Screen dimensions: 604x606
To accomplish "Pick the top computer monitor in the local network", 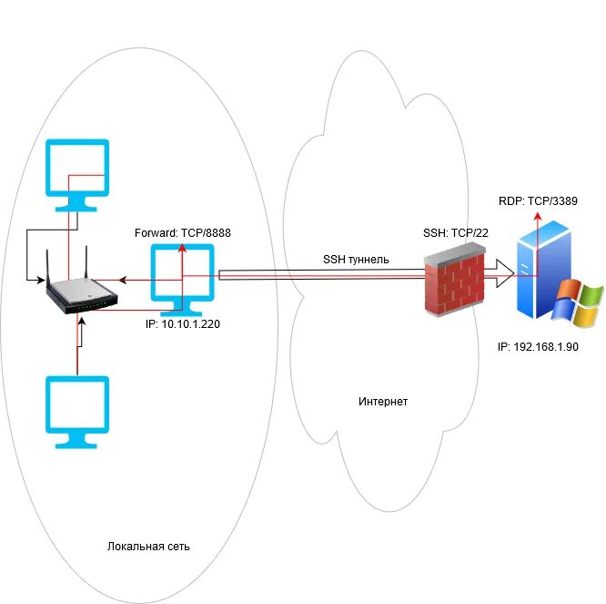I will pos(77,171).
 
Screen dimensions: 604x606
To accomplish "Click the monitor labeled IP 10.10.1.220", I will pos(182,278).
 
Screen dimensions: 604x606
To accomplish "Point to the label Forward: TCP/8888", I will pos(182,233).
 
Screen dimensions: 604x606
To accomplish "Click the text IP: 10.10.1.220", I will pos(183,322).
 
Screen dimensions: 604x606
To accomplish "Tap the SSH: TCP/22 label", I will pos(456,233).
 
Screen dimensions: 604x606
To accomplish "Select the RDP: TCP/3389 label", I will pos(539,200).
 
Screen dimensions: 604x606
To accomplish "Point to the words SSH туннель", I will pos(356,260).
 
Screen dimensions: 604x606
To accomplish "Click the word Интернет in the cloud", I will pos(383,401).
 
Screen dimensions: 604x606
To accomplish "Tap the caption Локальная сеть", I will pos(148,546).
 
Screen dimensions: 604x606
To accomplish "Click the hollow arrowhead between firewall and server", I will pos(503,272).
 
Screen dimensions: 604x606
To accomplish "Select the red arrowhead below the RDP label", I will pos(537,216).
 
